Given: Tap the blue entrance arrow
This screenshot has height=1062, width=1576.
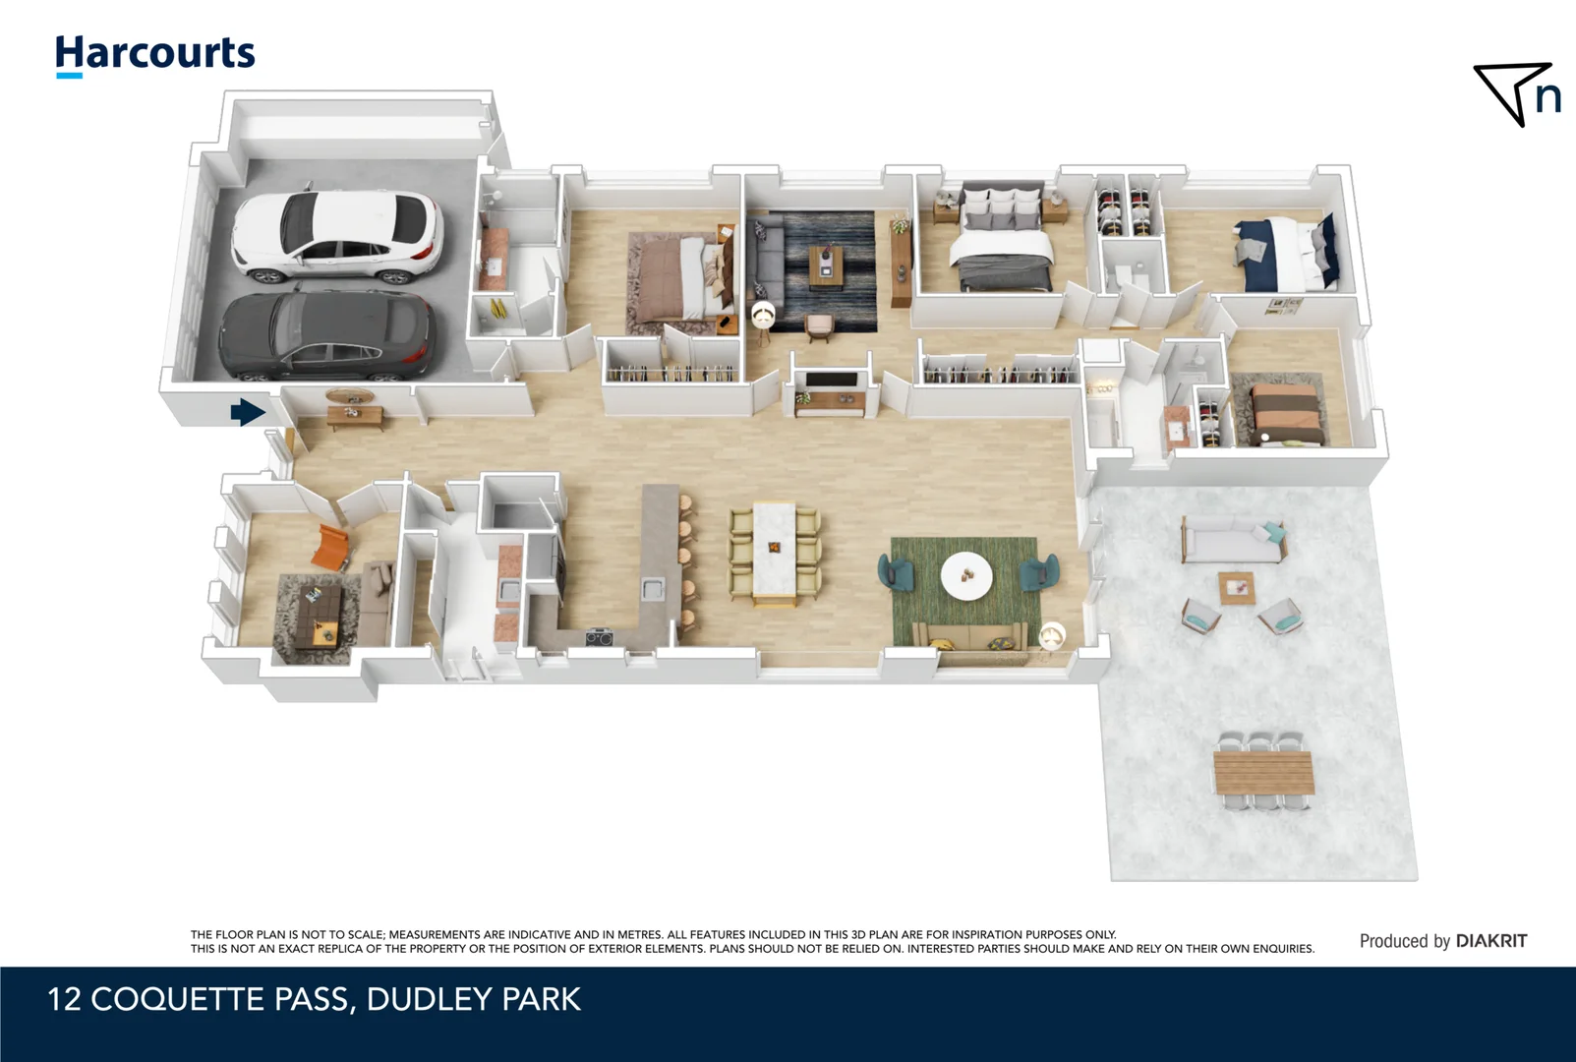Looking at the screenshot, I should point(247,412).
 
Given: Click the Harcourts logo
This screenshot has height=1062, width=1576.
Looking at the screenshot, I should point(155,54).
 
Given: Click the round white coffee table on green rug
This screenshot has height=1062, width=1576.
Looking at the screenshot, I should point(966,575).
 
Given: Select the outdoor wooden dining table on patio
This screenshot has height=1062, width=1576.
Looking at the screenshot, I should point(1263,772).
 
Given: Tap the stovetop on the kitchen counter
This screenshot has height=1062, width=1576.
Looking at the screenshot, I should point(600,638).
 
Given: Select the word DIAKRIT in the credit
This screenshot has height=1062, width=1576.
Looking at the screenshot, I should point(1490,941).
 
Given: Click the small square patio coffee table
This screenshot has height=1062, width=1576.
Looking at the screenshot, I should point(1237,588).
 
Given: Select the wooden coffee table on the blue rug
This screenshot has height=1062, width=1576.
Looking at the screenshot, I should point(826,265).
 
